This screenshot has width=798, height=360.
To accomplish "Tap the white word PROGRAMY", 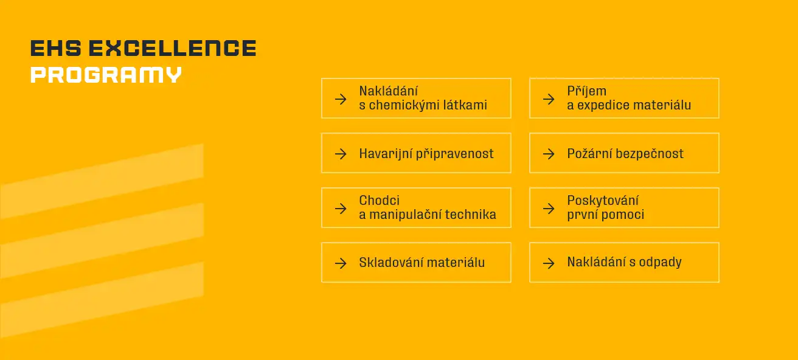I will (x=106, y=75).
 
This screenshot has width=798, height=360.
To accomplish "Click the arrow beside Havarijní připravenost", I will (x=341, y=153).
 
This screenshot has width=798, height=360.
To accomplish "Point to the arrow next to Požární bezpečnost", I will (x=549, y=153).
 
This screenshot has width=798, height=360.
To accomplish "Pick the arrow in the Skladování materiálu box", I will (x=341, y=263).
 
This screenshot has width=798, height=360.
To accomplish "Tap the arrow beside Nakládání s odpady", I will (x=549, y=263).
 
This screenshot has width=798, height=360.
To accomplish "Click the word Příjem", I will (x=586, y=91).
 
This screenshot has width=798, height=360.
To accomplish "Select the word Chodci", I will (x=379, y=201).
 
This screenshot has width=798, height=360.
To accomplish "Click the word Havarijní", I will (x=385, y=153).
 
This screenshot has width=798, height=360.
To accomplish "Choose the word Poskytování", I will (x=603, y=201).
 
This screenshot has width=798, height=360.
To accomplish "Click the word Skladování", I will (x=389, y=263).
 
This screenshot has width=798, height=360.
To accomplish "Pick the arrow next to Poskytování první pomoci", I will (x=549, y=208).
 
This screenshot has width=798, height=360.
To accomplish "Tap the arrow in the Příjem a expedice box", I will (x=549, y=99).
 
